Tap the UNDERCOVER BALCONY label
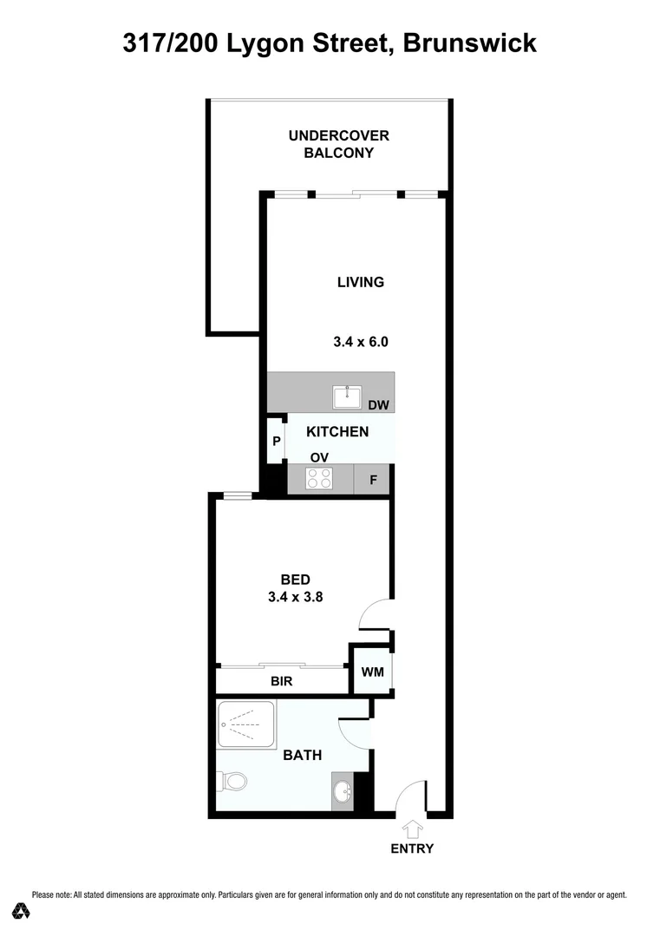tap(339, 144)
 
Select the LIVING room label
tap(360, 282)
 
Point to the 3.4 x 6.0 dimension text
tap(360, 342)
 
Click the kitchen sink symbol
tap(350, 397)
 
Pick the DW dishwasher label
tap(377, 404)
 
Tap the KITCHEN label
tap(337, 431)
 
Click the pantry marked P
tap(276, 442)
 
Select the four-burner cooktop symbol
tap(320, 479)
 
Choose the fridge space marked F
tap(373, 479)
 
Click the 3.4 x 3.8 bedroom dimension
tap(296, 597)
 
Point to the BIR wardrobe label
tap(281, 682)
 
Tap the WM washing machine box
tap(371, 671)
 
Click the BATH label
tap(303, 756)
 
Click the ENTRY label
tap(411, 849)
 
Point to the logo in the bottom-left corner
tap(21, 910)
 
